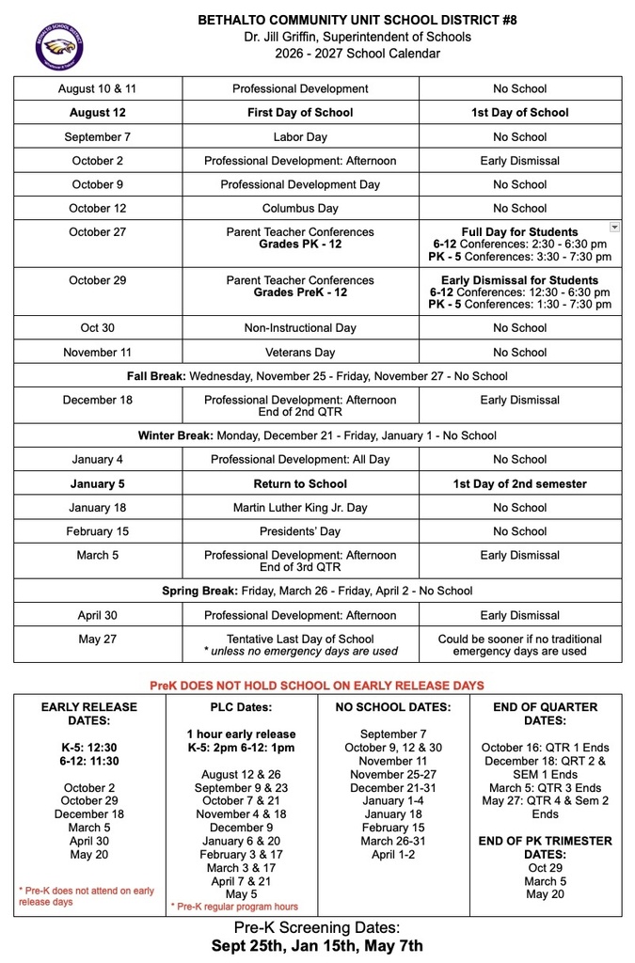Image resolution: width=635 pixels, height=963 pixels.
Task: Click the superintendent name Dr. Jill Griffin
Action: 317,37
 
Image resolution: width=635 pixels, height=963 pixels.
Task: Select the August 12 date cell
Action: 98,112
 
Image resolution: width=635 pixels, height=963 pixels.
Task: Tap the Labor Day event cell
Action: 300,136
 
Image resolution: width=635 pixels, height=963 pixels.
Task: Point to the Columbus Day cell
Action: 300,208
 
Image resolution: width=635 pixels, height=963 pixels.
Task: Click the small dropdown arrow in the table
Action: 614,227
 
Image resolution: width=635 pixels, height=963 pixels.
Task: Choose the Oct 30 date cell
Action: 98,328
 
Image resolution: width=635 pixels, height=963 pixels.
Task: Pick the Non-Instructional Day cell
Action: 300,328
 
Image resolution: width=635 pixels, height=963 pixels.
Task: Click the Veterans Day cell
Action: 300,353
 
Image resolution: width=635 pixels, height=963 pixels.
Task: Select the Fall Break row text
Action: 317,376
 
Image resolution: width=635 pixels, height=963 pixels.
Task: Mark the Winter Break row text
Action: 317,435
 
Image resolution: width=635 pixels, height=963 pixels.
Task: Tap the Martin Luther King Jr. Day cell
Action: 300,508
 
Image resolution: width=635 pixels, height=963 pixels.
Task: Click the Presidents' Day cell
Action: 300,531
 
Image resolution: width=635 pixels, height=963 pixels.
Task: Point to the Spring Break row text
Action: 317,591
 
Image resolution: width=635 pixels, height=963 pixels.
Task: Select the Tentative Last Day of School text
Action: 300,639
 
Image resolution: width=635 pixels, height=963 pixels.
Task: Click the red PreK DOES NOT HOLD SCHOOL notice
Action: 317,685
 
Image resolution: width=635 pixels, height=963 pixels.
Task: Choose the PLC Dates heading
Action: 241,706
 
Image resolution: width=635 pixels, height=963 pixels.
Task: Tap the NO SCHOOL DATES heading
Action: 393,706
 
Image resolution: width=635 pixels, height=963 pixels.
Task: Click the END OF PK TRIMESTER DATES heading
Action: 547,847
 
